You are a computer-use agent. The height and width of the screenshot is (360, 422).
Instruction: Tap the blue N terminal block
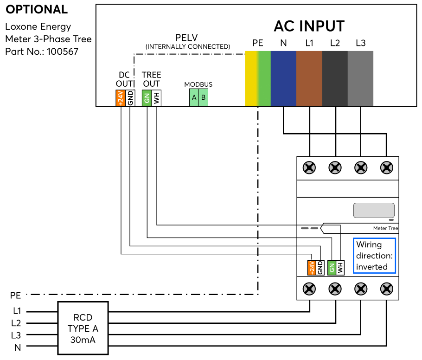coord(283,78)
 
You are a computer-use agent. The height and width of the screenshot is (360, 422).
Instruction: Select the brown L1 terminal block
coord(309,78)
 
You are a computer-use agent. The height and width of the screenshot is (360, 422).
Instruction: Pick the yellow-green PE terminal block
coord(257,78)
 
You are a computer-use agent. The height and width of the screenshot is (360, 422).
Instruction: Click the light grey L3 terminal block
coord(360,78)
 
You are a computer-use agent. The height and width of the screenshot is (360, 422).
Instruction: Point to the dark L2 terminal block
coord(335,78)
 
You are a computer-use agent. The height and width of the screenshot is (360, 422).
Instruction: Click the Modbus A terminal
coord(194,97)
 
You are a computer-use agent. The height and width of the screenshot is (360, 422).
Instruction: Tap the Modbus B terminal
coord(203,97)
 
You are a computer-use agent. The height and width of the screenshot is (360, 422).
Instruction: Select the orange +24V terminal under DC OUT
coord(120,98)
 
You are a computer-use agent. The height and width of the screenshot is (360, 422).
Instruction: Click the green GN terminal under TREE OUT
coord(147,98)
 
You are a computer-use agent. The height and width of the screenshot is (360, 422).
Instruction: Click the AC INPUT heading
coord(309,26)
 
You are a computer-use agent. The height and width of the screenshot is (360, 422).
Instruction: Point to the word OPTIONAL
coord(37,9)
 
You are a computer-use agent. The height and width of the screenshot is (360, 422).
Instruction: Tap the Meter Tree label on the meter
coord(385,228)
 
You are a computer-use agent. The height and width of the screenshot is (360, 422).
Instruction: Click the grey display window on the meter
coord(374,210)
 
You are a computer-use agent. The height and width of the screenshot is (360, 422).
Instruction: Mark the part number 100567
coord(62,51)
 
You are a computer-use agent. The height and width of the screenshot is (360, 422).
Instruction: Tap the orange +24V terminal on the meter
coord(312,268)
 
